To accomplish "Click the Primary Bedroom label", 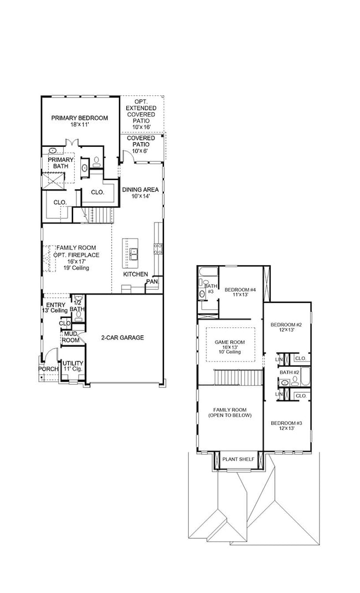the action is [x=79, y=121].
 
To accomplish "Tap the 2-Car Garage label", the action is [x=122, y=338].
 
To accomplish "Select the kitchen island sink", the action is [x=133, y=254].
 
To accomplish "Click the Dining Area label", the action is [x=140, y=193].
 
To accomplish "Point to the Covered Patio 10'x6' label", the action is [x=141, y=145].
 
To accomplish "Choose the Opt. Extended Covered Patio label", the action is [x=141, y=114].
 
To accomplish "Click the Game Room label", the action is [x=230, y=347].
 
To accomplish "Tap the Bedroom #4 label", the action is [x=240, y=292].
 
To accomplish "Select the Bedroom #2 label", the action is [x=286, y=327].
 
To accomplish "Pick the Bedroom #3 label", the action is [x=286, y=425].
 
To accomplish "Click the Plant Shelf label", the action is [x=239, y=459].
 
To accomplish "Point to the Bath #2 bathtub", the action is [x=305, y=375].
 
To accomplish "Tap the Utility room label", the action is [x=73, y=366].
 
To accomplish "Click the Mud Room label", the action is [x=71, y=337].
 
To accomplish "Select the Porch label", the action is [x=48, y=369].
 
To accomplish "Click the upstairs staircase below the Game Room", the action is [x=239, y=377].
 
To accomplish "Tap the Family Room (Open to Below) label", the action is [x=230, y=412].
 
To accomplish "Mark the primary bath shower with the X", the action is [x=53, y=181].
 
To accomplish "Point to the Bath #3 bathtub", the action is [x=208, y=272].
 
